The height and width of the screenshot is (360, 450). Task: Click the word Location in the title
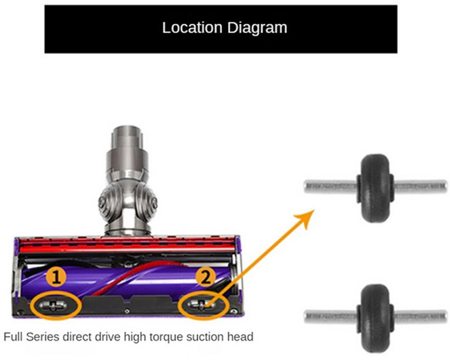coord(192,27)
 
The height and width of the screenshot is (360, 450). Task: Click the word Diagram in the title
coord(257,28)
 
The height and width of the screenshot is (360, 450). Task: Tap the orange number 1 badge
coord(56,277)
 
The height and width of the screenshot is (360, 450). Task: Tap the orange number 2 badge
coord(205,277)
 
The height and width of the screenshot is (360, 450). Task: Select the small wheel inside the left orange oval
coord(53,306)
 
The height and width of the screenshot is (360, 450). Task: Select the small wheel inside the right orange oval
coord(201,305)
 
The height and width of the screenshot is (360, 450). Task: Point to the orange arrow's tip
coord(314,210)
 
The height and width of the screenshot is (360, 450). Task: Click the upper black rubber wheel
coord(375,188)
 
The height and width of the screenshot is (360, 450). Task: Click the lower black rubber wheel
coord(375,318)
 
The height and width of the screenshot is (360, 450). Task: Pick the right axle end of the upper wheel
coord(445,186)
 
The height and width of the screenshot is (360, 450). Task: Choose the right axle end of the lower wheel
coord(445,316)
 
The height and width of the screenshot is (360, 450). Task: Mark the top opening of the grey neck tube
coord(128,128)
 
